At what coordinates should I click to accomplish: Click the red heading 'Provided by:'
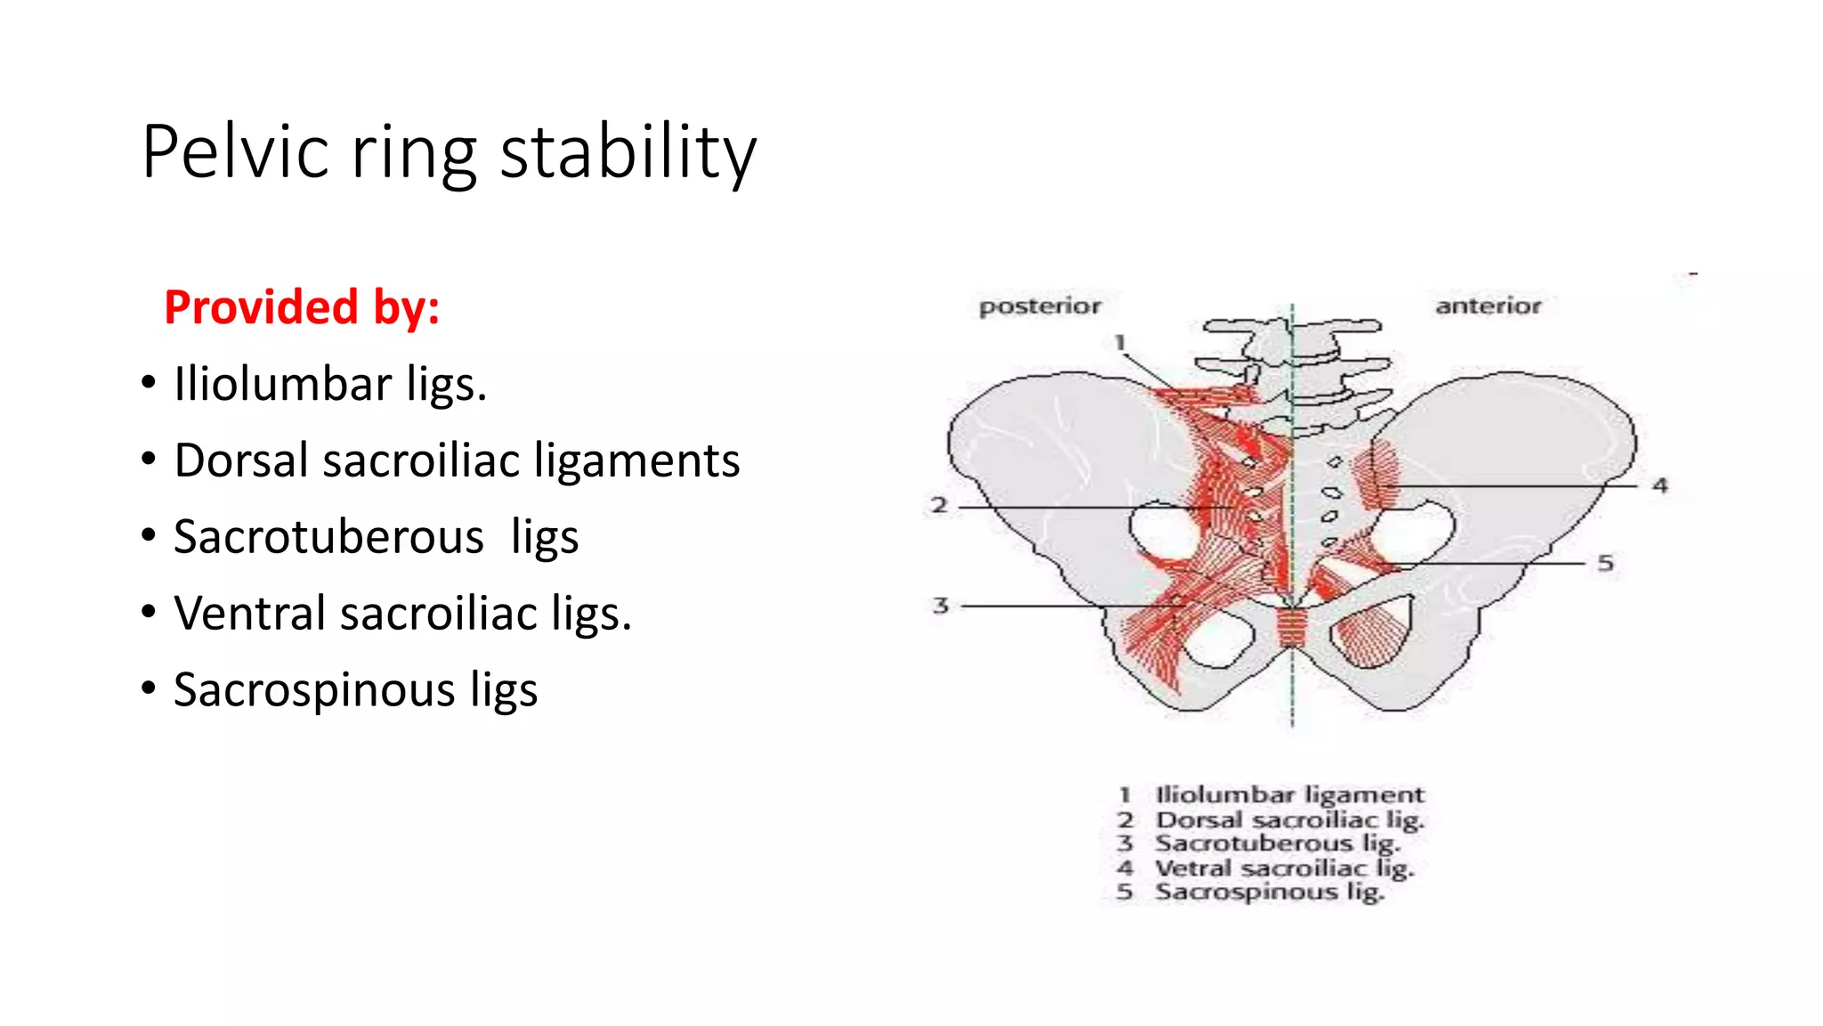[302, 307]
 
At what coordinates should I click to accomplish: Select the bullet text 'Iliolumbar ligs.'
[330, 384]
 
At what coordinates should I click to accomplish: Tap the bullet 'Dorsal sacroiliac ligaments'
[457, 460]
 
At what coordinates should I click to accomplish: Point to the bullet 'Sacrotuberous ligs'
[376, 537]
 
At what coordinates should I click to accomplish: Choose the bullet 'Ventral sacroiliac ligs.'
[402, 614]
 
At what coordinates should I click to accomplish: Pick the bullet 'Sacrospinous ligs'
[355, 690]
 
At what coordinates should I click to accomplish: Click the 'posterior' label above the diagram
[1040, 306]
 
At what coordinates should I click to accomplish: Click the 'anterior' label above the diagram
[1487, 306]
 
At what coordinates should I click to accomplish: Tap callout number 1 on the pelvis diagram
[1120, 342]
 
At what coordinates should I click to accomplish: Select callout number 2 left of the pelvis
[939, 506]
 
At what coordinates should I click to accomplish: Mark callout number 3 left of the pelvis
[941, 606]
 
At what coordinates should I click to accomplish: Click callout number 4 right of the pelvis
[1660, 485]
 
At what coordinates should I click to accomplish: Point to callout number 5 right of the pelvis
[1605, 563]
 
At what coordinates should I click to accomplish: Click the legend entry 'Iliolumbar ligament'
[1289, 794]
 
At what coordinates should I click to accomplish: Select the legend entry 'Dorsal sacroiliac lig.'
[1289, 819]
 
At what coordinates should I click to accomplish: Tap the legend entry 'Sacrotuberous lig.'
[1277, 843]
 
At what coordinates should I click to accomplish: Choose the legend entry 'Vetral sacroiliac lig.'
[1284, 867]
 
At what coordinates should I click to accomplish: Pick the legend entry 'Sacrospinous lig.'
[1269, 892]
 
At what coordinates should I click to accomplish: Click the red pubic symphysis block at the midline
[1292, 627]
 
